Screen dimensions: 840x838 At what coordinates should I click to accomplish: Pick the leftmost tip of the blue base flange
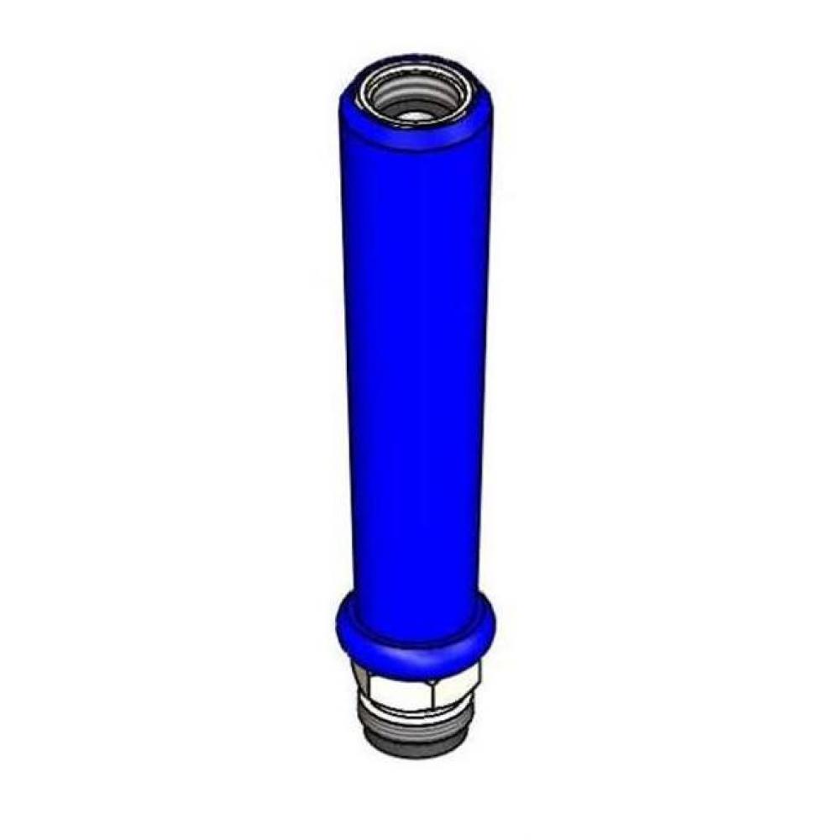pyautogui.click(x=337, y=622)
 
